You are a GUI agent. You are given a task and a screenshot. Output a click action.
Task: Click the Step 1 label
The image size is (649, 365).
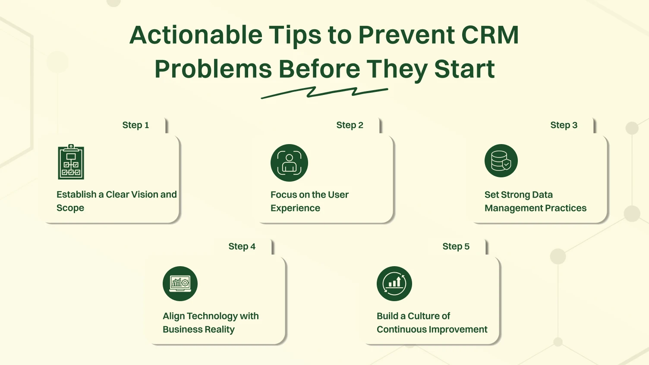[x=135, y=125]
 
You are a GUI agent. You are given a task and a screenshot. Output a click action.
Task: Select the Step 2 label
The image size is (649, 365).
[x=350, y=125]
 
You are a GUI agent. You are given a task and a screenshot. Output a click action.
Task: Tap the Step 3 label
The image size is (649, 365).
[x=564, y=125]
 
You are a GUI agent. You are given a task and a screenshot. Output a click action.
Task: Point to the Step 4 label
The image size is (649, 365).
[x=242, y=246]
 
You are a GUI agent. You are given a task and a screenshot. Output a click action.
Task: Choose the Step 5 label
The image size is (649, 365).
[x=456, y=246]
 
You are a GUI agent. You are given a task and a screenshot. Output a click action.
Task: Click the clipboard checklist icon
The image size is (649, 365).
[x=71, y=162]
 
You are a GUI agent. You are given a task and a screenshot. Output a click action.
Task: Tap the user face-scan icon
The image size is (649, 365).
[x=289, y=163]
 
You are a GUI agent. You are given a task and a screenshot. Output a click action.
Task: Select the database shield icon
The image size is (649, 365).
[x=501, y=160]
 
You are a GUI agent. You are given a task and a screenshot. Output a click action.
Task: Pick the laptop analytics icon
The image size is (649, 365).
[x=180, y=283]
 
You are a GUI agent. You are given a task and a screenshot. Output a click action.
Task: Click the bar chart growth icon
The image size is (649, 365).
[x=394, y=283]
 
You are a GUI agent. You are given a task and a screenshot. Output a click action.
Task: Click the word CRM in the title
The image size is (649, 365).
[x=490, y=35]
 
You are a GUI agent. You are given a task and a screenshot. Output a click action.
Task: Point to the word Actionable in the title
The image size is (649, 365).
[x=196, y=35]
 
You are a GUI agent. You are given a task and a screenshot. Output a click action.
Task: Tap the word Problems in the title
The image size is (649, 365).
[x=213, y=69]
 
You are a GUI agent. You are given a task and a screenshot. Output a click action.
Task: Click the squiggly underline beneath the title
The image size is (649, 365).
[x=324, y=92]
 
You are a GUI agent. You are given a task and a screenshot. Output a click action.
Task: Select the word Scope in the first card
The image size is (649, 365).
[x=70, y=208]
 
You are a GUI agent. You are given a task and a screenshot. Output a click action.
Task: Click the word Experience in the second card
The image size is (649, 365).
[x=295, y=208]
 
